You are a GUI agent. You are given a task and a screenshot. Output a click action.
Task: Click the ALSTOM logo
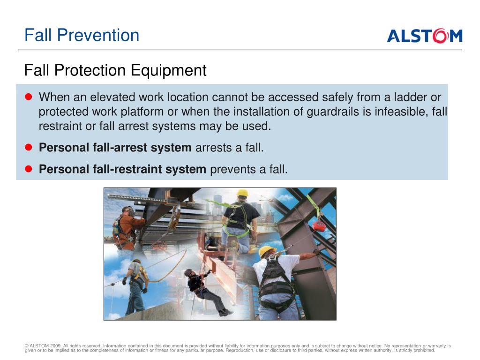[x=425, y=36]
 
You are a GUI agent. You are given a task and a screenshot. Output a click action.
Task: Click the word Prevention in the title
[x=98, y=35]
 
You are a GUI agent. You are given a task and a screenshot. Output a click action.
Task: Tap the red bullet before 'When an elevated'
[x=29, y=97]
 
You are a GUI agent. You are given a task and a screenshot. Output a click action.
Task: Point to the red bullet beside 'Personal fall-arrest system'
[x=29, y=147]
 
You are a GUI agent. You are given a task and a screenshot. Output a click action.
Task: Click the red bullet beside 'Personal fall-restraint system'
[x=29, y=169]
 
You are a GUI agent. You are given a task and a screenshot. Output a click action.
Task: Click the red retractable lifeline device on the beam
[x=319, y=226]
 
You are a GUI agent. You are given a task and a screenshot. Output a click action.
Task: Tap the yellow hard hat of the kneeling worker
[x=242, y=193]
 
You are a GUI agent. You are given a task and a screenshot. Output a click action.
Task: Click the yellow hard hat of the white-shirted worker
[x=266, y=250]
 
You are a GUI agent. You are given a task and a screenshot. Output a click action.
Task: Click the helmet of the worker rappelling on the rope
[x=188, y=272]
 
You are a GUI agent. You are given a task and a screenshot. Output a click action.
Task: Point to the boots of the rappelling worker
[x=226, y=312]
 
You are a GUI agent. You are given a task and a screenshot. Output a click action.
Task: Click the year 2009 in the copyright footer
[x=56, y=346]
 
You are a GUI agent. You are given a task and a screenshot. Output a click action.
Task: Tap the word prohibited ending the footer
[x=424, y=350]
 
